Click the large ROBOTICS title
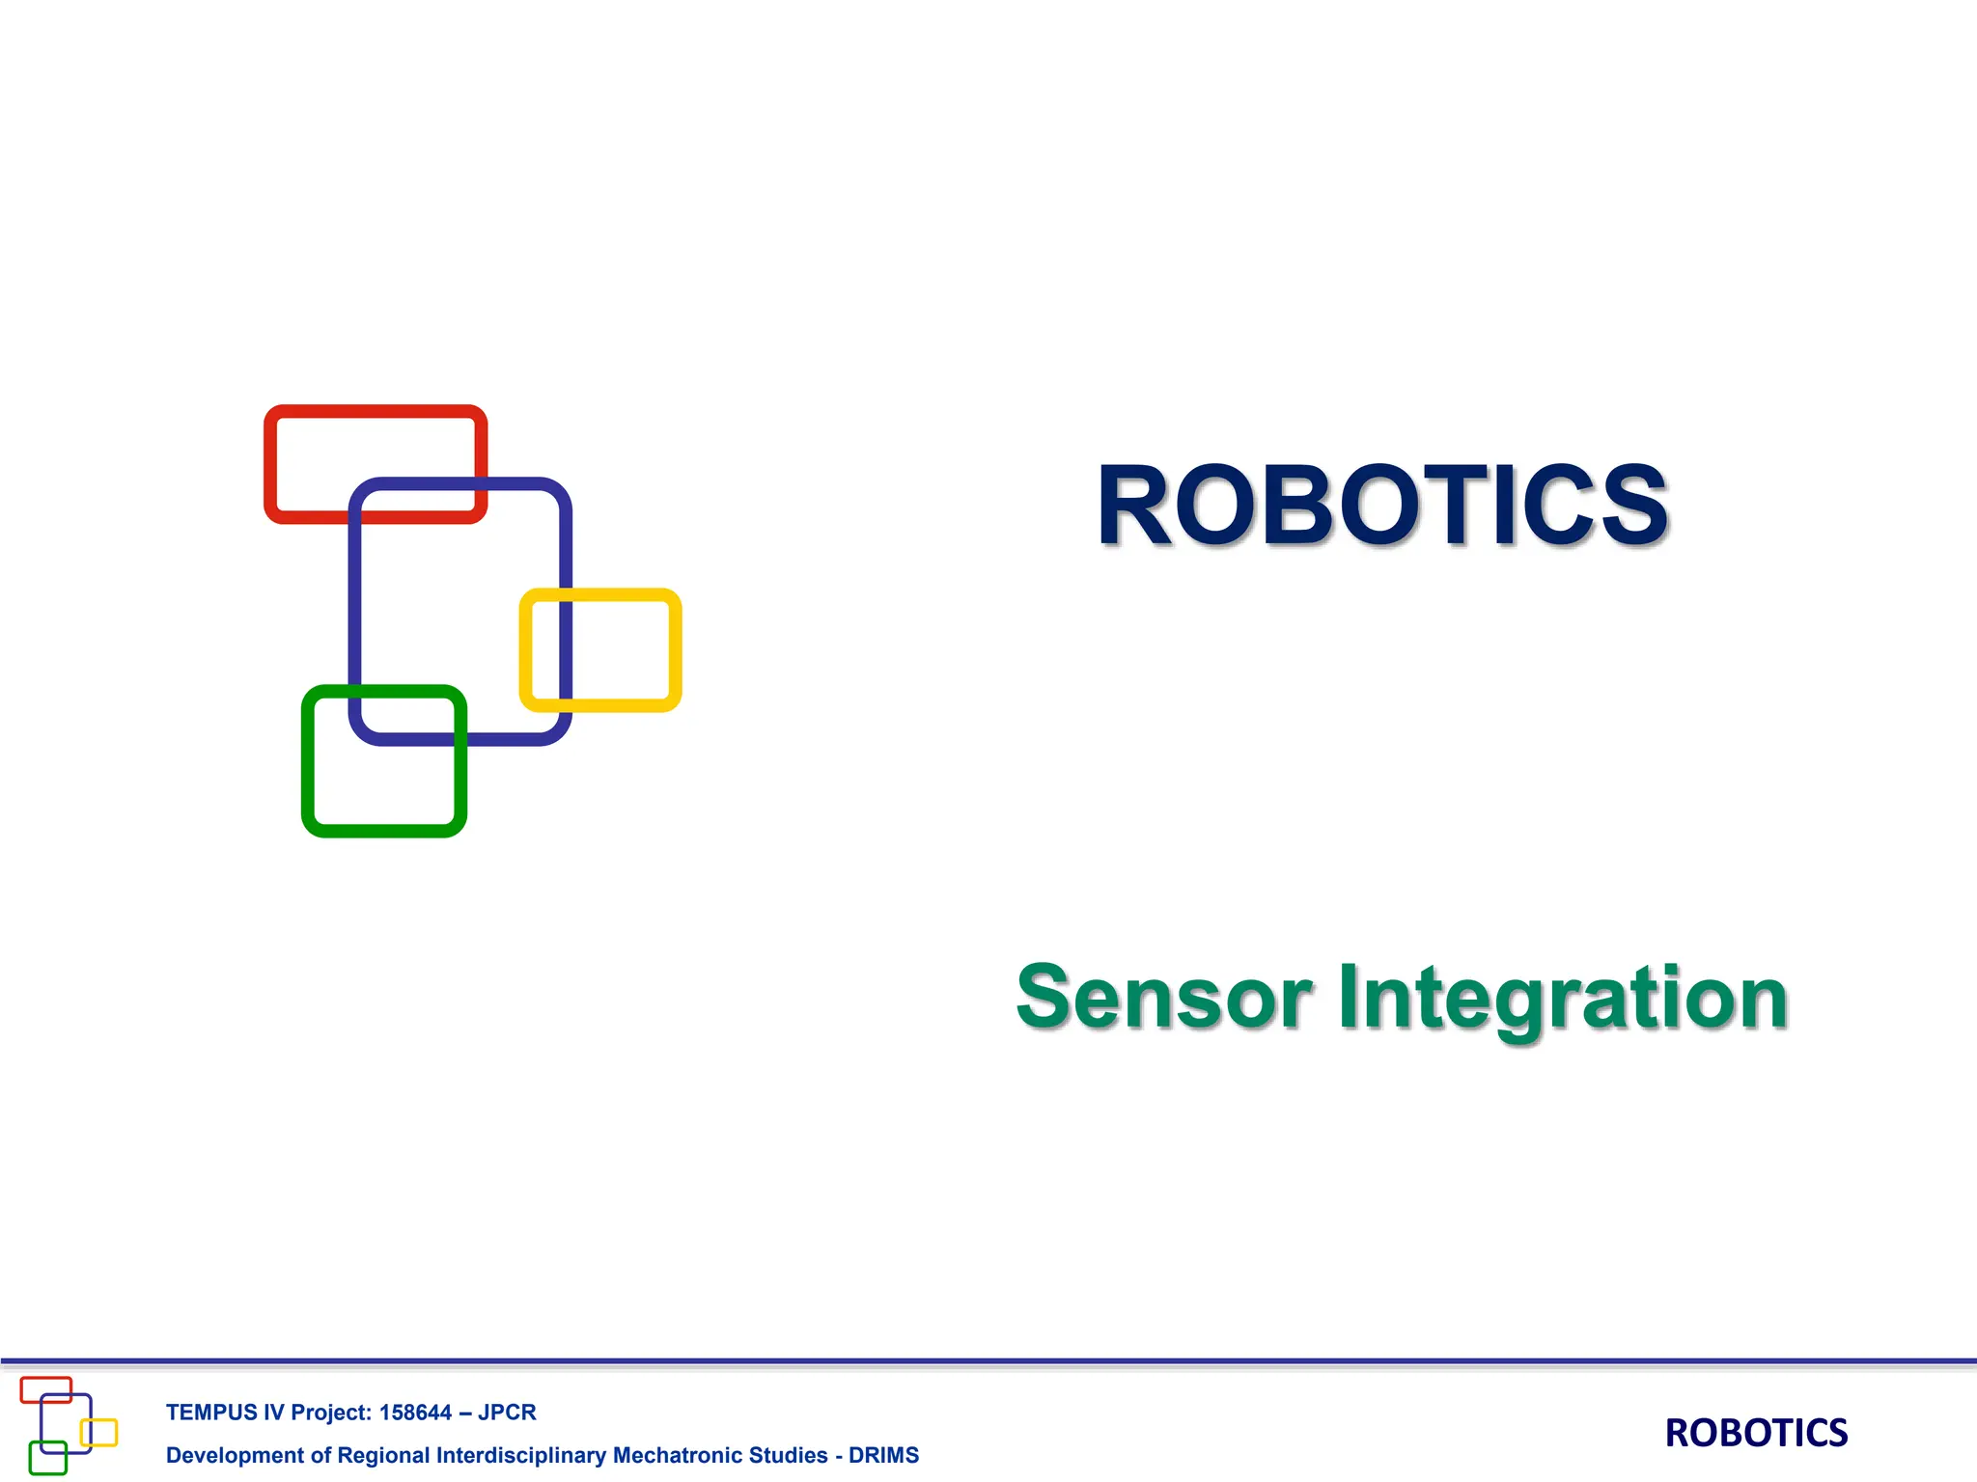(x=1382, y=506)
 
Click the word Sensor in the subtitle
(x=1164, y=998)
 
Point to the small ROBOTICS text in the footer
(x=1756, y=1433)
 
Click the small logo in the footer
(x=68, y=1425)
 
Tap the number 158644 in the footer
(x=415, y=1413)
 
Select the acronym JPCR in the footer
(x=507, y=1413)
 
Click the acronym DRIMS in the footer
(x=883, y=1455)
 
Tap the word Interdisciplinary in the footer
(x=521, y=1455)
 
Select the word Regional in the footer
(x=383, y=1455)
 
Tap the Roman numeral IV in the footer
(x=273, y=1413)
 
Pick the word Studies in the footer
(x=789, y=1455)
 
